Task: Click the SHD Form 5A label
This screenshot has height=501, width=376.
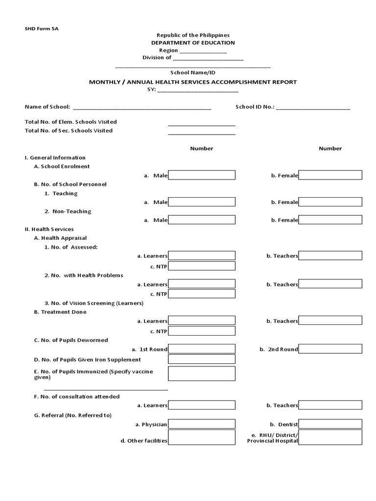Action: (42, 28)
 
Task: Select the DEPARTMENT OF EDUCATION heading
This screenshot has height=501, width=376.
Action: (193, 43)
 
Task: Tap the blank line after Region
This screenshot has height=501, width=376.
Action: (203, 51)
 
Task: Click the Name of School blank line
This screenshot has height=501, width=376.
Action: (142, 107)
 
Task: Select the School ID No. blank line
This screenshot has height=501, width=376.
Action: (313, 107)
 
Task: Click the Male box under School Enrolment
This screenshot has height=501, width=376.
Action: (202, 175)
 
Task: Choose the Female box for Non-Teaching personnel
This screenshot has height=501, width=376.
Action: (330, 220)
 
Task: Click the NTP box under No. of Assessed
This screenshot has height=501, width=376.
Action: (202, 266)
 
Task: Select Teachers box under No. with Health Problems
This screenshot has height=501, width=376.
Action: (330, 284)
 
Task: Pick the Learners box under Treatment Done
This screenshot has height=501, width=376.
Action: (202, 321)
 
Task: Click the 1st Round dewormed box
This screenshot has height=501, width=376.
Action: (202, 349)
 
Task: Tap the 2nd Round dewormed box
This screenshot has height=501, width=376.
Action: (330, 349)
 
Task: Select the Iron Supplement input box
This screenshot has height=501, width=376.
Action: (202, 360)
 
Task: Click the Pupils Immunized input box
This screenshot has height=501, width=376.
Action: (202, 374)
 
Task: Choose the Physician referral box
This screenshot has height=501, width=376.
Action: (202, 424)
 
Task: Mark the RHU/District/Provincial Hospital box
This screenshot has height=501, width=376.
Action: (330, 437)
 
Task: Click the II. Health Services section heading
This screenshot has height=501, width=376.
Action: (49, 229)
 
